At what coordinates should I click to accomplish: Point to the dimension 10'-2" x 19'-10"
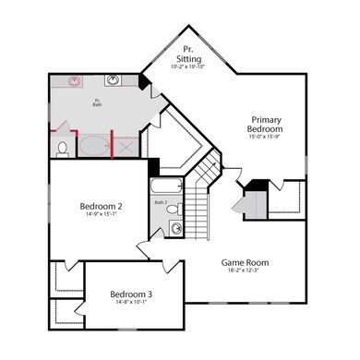pyautogui.click(x=189, y=66)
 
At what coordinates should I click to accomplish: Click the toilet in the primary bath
pyautogui.click(x=62, y=147)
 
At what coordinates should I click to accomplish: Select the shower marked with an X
pyautogui.click(x=126, y=145)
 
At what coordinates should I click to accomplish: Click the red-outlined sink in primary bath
pyautogui.click(x=76, y=81)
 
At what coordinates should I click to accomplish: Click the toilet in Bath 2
pyautogui.click(x=175, y=228)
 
